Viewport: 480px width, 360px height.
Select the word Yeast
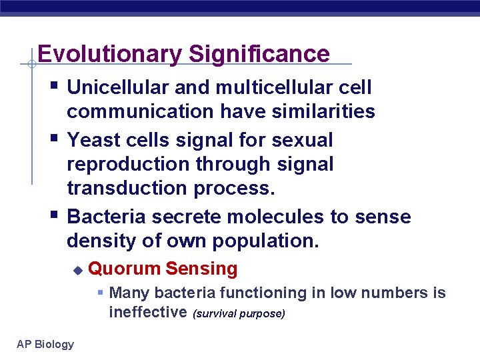[93, 141]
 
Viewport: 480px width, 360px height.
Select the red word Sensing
[201, 269]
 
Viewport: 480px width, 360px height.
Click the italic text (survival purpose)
[239, 313]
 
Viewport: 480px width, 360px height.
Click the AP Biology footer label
[45, 344]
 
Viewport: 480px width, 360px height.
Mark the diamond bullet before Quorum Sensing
[77, 270]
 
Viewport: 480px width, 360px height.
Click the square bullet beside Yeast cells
[55, 139]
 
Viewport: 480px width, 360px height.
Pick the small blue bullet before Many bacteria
[100, 293]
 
